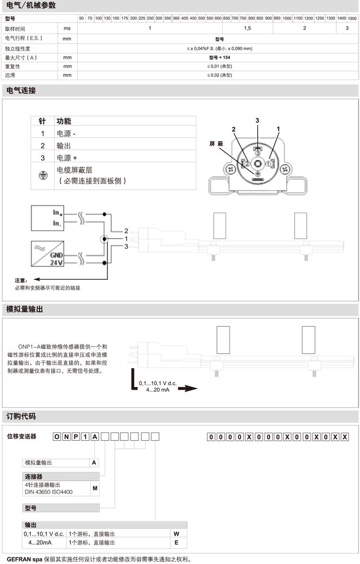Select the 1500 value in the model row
click(352, 18)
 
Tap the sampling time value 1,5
click(248, 28)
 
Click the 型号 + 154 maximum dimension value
click(219, 57)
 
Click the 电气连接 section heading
click(20, 90)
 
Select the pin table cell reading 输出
click(64, 145)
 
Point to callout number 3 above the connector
click(257, 120)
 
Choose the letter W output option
click(176, 533)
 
